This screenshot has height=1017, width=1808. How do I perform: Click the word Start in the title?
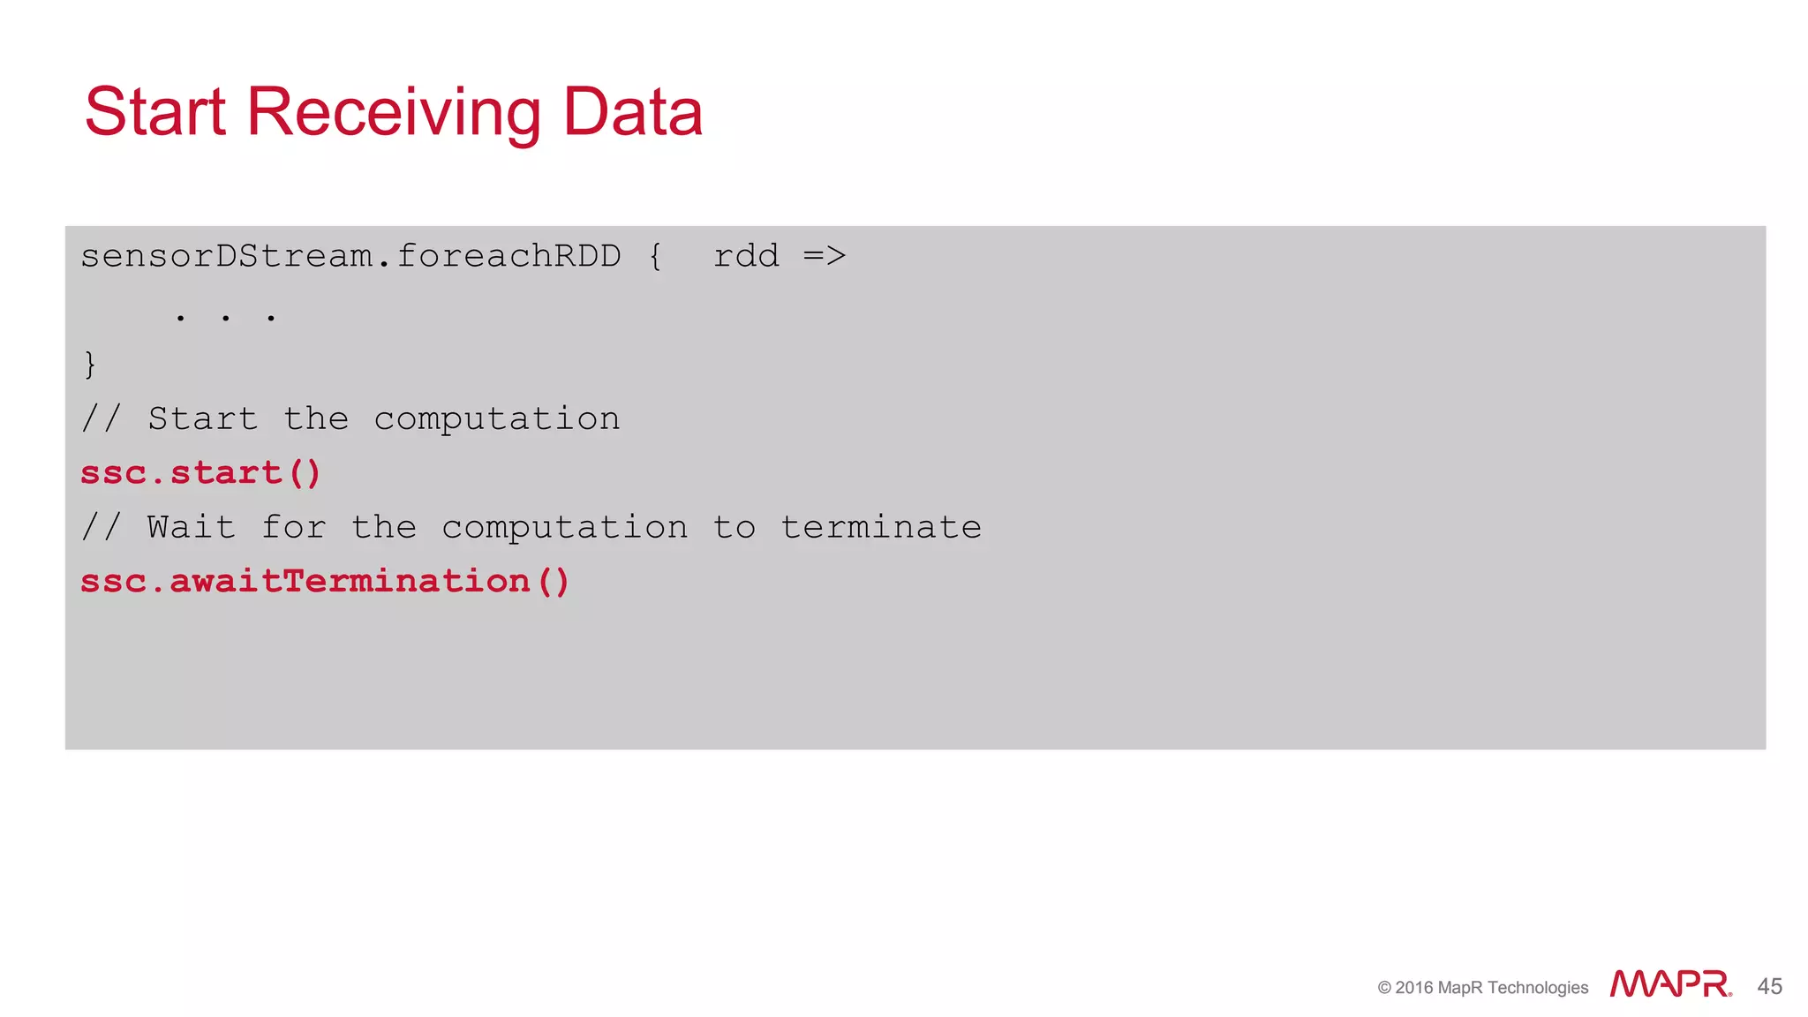[155, 112]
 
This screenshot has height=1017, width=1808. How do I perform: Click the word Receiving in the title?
[394, 112]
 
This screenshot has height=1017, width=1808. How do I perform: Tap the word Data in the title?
[632, 112]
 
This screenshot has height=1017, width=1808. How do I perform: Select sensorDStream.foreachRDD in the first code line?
[350, 256]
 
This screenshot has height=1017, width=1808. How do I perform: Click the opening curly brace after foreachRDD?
[655, 257]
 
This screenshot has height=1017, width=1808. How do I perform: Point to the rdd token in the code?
[746, 256]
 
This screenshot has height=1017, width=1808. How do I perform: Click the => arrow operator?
[825, 256]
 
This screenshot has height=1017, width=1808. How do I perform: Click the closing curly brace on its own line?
[89, 365]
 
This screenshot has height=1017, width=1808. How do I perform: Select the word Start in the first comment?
[203, 418]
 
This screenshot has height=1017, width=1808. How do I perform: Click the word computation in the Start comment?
[497, 419]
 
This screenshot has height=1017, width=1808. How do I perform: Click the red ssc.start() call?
[200, 473]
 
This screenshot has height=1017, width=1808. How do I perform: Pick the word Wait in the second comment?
[192, 527]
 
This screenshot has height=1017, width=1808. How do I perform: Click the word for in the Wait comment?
[294, 527]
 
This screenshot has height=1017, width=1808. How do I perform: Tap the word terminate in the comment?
[881, 527]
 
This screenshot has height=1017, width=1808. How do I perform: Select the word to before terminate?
[734, 527]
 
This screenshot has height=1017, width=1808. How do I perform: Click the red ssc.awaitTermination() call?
[325, 581]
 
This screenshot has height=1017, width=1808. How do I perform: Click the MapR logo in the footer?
[1669, 984]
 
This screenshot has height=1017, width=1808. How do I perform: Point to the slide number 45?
[1769, 986]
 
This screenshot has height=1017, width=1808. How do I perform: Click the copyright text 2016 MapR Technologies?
[1483, 988]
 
